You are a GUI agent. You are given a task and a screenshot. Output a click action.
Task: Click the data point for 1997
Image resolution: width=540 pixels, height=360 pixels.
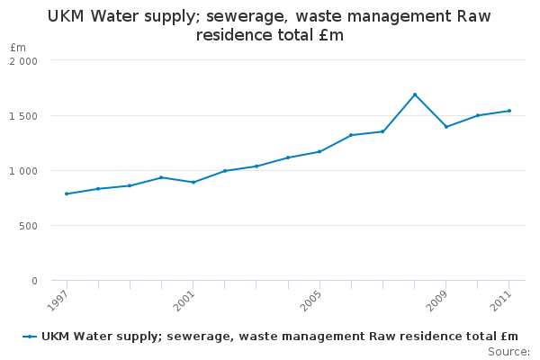67,193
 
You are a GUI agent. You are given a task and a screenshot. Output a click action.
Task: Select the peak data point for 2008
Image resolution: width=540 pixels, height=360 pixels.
415,94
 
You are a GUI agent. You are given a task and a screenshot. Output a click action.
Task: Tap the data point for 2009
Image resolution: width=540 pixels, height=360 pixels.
446,127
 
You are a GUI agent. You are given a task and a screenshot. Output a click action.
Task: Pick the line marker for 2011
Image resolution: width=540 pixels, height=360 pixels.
509,111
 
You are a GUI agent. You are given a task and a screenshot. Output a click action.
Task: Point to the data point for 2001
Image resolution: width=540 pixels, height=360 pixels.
193,183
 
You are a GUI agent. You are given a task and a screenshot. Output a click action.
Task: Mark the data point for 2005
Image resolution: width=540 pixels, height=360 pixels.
319,151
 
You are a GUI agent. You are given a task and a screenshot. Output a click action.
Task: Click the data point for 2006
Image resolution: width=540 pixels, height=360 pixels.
351,135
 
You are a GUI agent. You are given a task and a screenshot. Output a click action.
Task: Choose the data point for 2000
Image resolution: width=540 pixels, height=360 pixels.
161,177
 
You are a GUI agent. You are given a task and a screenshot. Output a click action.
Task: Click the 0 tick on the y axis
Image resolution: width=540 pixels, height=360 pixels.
34,281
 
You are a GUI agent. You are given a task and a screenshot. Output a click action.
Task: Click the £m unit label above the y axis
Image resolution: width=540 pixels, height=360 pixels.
18,47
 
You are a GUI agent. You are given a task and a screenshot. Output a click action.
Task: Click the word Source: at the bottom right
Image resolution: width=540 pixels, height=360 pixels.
508,351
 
